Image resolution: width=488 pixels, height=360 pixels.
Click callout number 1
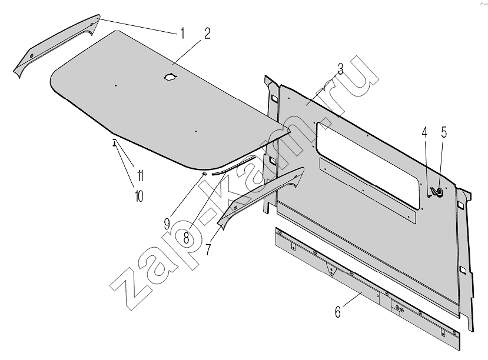pyautogui.click(x=182, y=34)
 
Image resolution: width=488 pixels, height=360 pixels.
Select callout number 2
pyautogui.click(x=207, y=34)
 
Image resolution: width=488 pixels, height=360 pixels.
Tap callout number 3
pyautogui.click(x=340, y=69)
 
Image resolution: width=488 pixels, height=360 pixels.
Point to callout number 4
pyautogui.click(x=424, y=132)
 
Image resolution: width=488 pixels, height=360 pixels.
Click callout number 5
pyautogui.click(x=444, y=132)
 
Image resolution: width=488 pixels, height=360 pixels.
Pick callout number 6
pyautogui.click(x=338, y=312)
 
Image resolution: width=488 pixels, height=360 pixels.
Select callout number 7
pyautogui.click(x=208, y=249)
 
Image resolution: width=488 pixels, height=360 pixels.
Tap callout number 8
pyautogui.click(x=186, y=238)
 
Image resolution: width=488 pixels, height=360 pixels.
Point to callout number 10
pyautogui.click(x=139, y=196)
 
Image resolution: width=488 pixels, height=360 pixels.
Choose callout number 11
pyautogui.click(x=140, y=176)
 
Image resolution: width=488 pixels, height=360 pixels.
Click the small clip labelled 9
pyautogui.click(x=204, y=173)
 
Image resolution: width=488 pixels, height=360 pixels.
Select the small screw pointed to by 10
pyautogui.click(x=115, y=142)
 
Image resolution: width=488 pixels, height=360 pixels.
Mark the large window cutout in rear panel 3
pyautogui.click(x=368, y=164)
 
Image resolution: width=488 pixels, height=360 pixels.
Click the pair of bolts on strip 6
pyautogui.click(x=400, y=309)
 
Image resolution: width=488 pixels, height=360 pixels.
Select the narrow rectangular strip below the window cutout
pyautogui.click(x=367, y=190)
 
